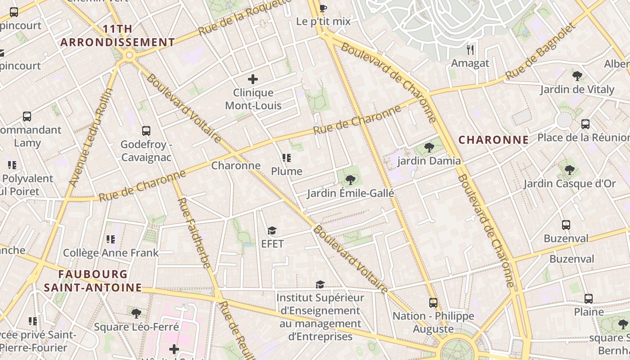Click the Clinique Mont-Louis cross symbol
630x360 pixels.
coord(253,80)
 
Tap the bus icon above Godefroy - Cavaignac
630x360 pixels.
coord(146,131)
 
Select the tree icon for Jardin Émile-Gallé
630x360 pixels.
coord(350,180)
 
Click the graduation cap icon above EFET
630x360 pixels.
coord(272,231)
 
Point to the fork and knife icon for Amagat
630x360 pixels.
coord(470,49)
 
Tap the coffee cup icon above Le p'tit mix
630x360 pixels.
coord(323,8)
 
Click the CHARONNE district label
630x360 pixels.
coord(494,140)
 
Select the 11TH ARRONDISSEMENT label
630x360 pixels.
coord(117,36)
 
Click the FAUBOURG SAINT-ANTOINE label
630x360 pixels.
coord(93,281)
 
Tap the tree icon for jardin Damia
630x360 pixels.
coord(429,147)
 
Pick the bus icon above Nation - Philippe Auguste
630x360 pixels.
coord(433,303)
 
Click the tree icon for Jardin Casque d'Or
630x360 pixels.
coord(570,170)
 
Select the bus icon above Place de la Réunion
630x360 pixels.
coord(585,124)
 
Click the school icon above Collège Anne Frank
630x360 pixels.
coord(111,239)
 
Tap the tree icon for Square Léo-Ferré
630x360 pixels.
coord(136,313)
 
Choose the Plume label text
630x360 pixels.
coord(287,171)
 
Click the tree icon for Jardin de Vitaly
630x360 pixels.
coord(577,76)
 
